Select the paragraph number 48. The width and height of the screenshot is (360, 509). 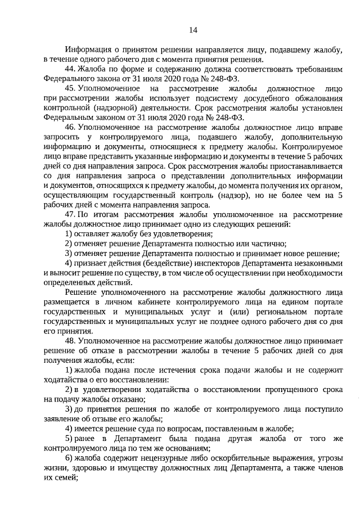coord(70,341)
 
